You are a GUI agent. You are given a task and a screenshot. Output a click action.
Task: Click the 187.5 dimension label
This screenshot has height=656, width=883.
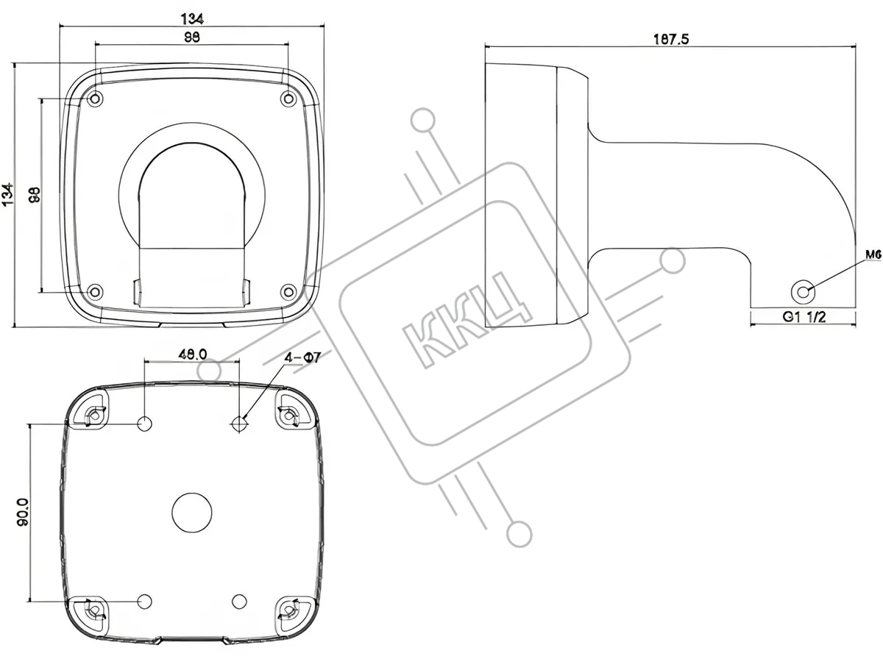pos(670,40)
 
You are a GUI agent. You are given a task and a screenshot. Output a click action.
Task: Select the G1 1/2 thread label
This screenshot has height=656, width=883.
pos(802,318)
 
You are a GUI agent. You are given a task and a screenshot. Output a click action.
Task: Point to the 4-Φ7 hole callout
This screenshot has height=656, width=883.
pos(302,358)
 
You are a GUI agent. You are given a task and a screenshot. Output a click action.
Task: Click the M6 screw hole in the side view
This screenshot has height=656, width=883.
pos(805,290)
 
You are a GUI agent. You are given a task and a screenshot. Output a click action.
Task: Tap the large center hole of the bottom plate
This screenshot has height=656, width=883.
pos(191,512)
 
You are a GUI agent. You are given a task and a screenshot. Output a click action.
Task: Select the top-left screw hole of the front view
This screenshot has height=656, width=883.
pos(93,99)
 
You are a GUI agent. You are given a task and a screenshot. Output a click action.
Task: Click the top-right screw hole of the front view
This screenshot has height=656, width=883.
pos(288,99)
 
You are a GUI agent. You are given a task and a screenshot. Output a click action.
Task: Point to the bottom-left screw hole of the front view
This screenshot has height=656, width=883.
pos(93,291)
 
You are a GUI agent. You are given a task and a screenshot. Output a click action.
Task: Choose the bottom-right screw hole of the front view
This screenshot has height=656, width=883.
pos(288,291)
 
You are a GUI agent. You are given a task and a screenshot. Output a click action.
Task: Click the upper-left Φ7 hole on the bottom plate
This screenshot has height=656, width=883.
pos(145,424)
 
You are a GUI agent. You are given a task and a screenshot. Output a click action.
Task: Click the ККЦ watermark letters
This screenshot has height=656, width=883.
pos(469,318)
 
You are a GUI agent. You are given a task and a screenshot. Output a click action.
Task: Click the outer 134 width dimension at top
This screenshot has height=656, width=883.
pos(192,18)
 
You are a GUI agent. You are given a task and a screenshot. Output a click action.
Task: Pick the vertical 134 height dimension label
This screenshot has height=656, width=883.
pos(9,195)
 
